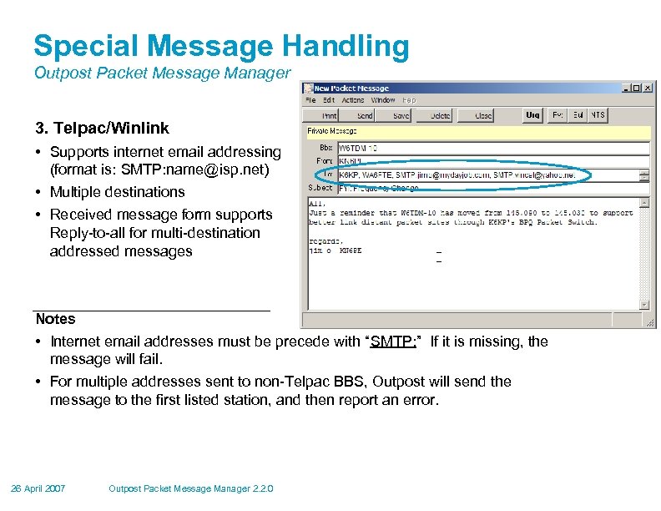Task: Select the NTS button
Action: (598, 115)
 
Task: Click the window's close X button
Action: (648, 87)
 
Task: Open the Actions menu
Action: (353, 100)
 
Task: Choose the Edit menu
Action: (330, 100)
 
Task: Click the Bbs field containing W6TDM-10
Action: (492, 147)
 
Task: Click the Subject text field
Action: (492, 189)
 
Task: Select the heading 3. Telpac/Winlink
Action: (102, 129)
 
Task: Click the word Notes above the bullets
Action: (55, 319)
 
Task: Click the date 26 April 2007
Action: (39, 488)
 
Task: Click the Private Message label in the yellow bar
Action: (332, 130)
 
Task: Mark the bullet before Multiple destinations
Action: (40, 193)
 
